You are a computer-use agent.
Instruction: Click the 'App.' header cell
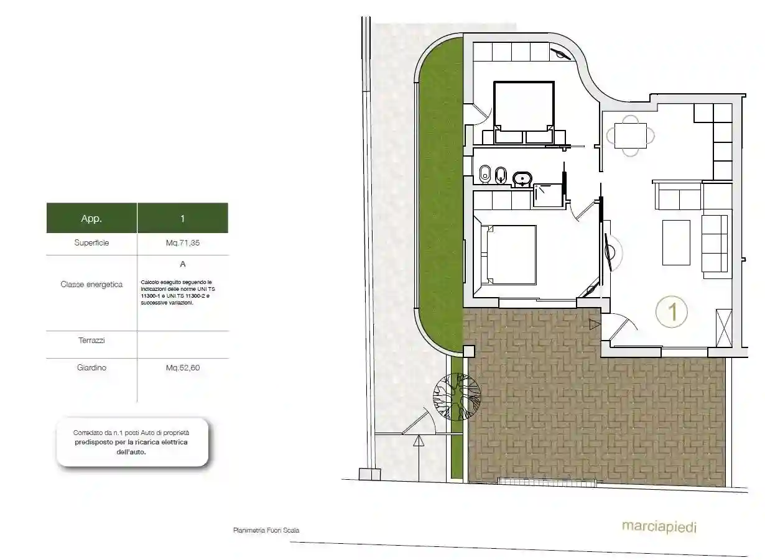(91, 218)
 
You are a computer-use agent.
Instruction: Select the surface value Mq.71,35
(183, 242)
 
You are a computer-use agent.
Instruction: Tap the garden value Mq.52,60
(183, 367)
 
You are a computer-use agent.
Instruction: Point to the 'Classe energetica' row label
(91, 284)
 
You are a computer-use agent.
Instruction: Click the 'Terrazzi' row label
(91, 340)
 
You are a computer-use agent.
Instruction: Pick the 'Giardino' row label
(91, 367)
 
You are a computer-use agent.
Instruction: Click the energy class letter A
(183, 264)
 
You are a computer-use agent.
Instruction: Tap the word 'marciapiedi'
(659, 527)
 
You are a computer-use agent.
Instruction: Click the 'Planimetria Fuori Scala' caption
(266, 530)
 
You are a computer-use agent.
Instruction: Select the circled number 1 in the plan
(672, 312)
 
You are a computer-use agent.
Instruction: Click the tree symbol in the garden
(457, 397)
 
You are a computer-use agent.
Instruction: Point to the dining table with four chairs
(631, 136)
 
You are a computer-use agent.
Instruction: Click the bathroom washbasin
(522, 178)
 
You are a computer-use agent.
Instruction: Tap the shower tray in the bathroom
(548, 196)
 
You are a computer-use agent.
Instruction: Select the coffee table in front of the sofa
(676, 242)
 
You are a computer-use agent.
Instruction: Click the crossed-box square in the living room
(724, 328)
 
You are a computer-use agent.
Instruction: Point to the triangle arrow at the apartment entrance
(595, 324)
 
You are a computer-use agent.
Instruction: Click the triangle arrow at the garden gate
(419, 441)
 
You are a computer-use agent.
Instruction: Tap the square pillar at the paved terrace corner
(469, 352)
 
